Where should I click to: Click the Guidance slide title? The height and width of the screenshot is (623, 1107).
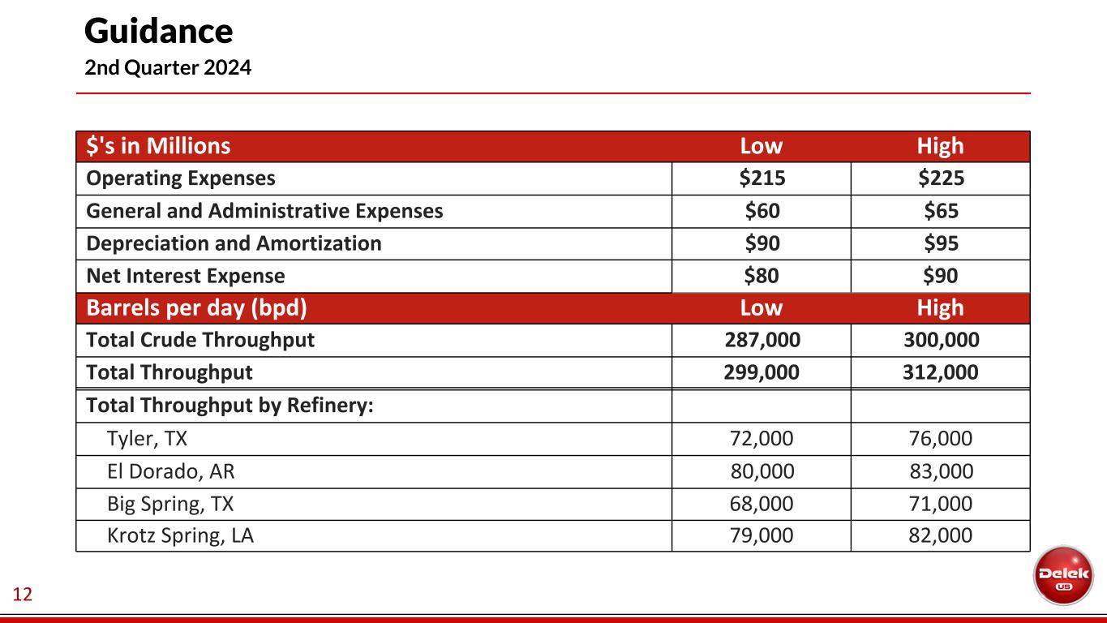click(158, 32)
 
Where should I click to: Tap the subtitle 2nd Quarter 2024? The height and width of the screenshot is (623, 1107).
click(168, 68)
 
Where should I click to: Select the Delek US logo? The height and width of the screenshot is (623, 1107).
click(1063, 574)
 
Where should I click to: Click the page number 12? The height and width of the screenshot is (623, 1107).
click(23, 595)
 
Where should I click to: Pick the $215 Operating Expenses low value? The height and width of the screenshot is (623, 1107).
click(762, 178)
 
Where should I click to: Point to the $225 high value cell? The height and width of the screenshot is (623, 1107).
click(941, 178)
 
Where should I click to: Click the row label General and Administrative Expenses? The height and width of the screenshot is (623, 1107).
click(264, 211)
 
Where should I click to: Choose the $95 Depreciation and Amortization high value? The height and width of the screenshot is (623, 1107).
click(941, 243)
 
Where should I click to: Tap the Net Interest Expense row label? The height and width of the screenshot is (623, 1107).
click(186, 276)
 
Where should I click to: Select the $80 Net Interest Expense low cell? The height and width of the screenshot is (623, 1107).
click(762, 276)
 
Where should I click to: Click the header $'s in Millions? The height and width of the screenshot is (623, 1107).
click(158, 146)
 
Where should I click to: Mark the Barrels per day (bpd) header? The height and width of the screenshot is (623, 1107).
click(196, 308)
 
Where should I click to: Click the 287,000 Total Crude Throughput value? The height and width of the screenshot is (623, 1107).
click(762, 341)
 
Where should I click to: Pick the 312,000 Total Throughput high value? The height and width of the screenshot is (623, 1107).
click(941, 373)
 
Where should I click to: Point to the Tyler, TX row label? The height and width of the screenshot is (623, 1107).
click(147, 439)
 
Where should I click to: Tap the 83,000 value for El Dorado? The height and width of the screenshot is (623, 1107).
click(941, 471)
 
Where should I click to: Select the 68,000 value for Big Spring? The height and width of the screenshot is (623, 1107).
click(762, 504)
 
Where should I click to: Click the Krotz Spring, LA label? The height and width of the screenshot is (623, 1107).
click(180, 536)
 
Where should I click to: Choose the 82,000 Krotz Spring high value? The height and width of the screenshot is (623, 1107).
click(941, 536)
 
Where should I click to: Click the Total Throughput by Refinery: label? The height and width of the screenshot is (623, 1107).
click(230, 406)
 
